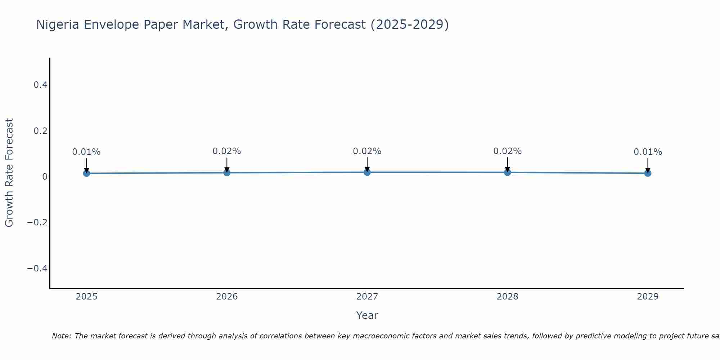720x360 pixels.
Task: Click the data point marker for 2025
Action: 86,173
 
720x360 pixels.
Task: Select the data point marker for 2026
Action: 227,172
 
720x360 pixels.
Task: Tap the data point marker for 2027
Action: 367,172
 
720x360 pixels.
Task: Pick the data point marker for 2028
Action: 507,172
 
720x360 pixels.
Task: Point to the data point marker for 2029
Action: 648,173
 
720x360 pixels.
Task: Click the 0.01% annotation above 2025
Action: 86,152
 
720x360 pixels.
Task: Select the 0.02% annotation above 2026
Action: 227,151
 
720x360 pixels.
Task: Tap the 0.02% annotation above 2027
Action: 367,151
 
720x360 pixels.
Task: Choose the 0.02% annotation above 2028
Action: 507,151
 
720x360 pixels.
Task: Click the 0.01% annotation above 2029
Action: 648,152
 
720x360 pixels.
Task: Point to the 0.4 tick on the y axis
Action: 40,85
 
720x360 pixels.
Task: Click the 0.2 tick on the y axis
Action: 40,131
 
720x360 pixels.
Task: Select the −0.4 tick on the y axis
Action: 37,269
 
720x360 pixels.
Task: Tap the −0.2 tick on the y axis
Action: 37,222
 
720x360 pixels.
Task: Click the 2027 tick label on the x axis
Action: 367,297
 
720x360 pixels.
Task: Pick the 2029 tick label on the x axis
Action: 648,297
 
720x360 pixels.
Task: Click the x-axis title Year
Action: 367,315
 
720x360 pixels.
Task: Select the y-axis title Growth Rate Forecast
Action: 9,173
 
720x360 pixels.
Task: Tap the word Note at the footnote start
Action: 61,336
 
